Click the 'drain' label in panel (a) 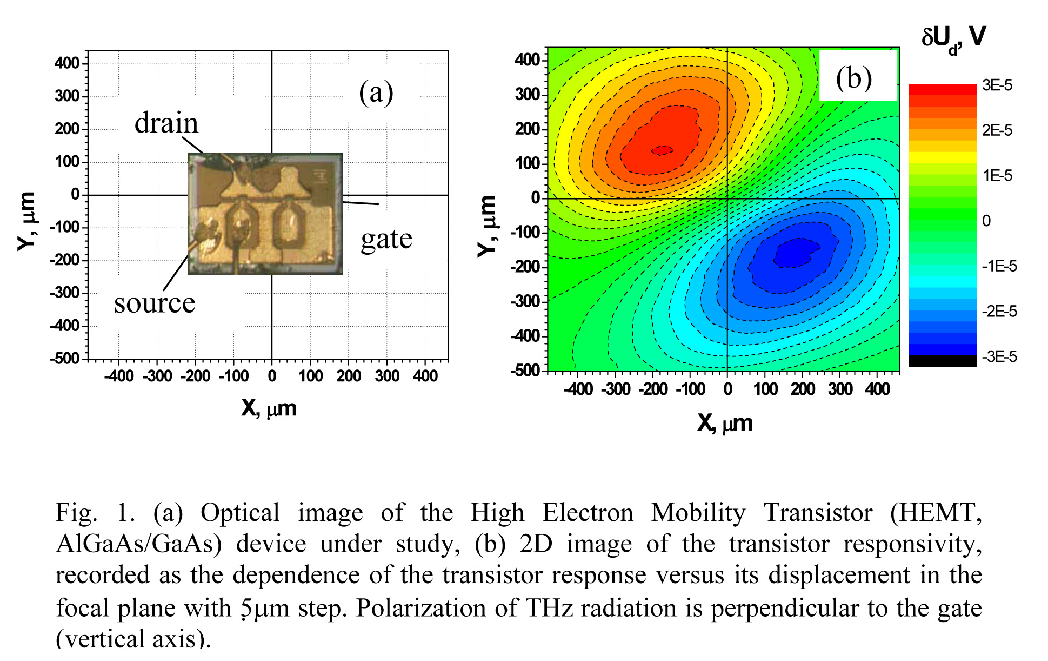[x=166, y=123]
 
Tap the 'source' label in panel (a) [x=154, y=303]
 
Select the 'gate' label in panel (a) [x=386, y=239]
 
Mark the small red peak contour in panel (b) [x=662, y=150]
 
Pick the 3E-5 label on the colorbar [x=997, y=85]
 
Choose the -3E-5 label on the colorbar [x=999, y=357]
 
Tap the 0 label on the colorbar [x=986, y=221]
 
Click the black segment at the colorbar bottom [x=943, y=361]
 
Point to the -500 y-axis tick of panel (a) [x=65, y=359]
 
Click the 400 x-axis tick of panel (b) [x=877, y=389]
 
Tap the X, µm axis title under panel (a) [x=269, y=408]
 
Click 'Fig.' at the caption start [x=76, y=512]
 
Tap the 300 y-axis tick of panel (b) [x=528, y=95]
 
